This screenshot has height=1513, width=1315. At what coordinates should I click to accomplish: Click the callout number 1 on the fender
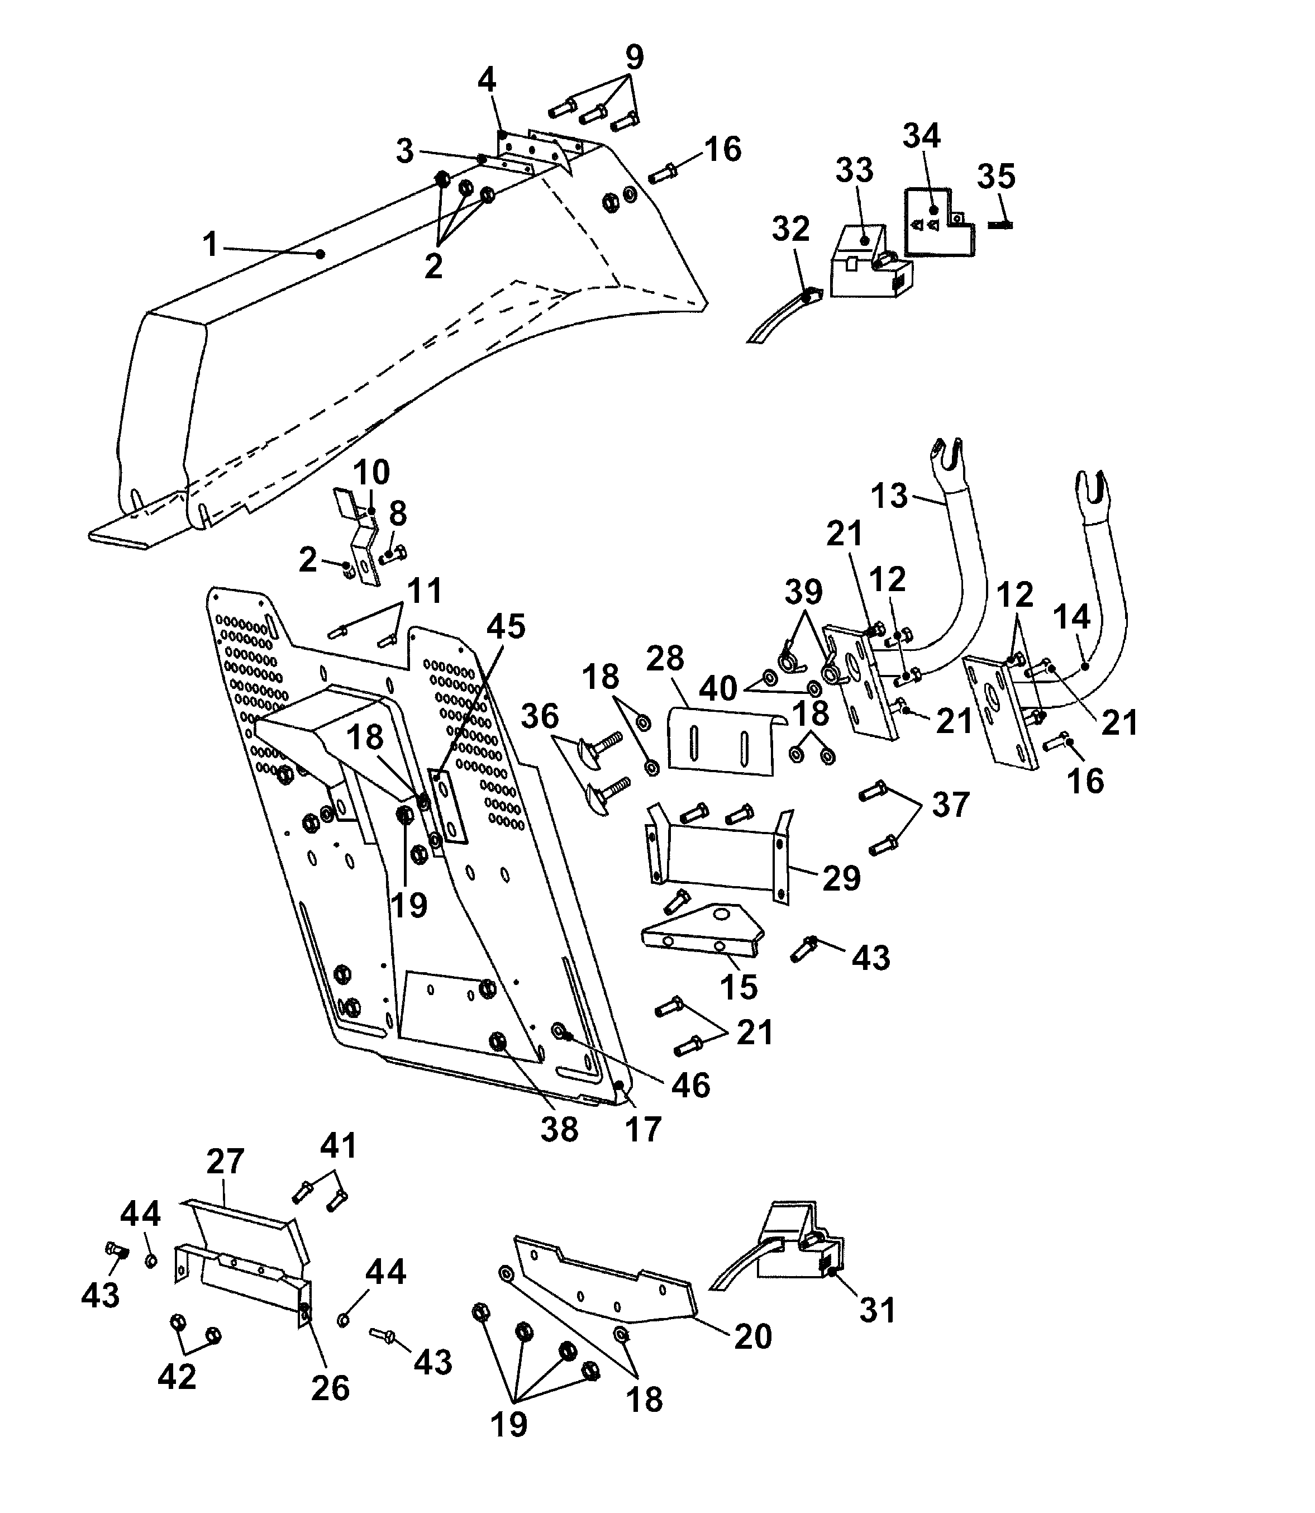[211, 244]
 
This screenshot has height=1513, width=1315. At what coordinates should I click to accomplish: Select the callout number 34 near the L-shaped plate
[922, 136]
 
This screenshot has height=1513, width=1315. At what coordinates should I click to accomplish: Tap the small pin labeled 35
[999, 225]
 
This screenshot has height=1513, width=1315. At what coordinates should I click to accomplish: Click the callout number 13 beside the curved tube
[889, 496]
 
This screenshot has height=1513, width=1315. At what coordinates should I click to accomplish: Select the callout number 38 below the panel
[559, 1129]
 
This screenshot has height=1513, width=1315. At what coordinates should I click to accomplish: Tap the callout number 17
[643, 1129]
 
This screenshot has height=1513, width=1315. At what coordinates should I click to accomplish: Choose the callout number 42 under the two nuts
[177, 1377]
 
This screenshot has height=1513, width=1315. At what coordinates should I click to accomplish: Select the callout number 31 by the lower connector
[877, 1310]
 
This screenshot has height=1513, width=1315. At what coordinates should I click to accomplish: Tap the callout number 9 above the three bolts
[634, 56]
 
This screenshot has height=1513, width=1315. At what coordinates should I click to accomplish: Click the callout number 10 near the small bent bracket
[371, 472]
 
